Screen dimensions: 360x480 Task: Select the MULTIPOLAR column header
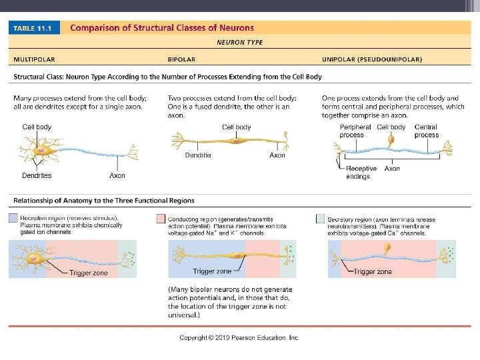pos(37,59)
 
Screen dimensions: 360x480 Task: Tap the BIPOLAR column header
pos(181,59)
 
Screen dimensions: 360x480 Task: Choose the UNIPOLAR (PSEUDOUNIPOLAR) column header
pos(371,59)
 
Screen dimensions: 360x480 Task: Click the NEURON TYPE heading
pos(240,42)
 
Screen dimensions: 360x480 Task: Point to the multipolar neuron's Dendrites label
pos(37,176)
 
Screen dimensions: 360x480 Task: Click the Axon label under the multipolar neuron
pos(117,176)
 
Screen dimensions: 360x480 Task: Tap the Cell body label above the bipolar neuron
pos(236,127)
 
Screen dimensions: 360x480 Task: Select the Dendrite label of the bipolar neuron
pos(198,155)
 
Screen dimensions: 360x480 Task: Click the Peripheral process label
pos(355,131)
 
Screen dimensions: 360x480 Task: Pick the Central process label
pos(426,131)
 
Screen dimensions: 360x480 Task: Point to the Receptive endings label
pos(361,173)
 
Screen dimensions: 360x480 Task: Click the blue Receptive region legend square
pos(13,218)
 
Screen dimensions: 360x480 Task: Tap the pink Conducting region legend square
pos(161,218)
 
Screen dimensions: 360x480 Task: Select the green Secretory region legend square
pos(321,218)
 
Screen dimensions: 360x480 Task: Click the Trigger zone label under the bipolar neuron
pos(212,271)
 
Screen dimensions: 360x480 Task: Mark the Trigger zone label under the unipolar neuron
pos(373,271)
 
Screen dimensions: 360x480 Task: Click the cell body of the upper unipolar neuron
pos(392,141)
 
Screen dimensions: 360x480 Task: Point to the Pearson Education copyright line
pos(239,337)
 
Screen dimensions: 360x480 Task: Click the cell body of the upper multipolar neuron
pos(41,150)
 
